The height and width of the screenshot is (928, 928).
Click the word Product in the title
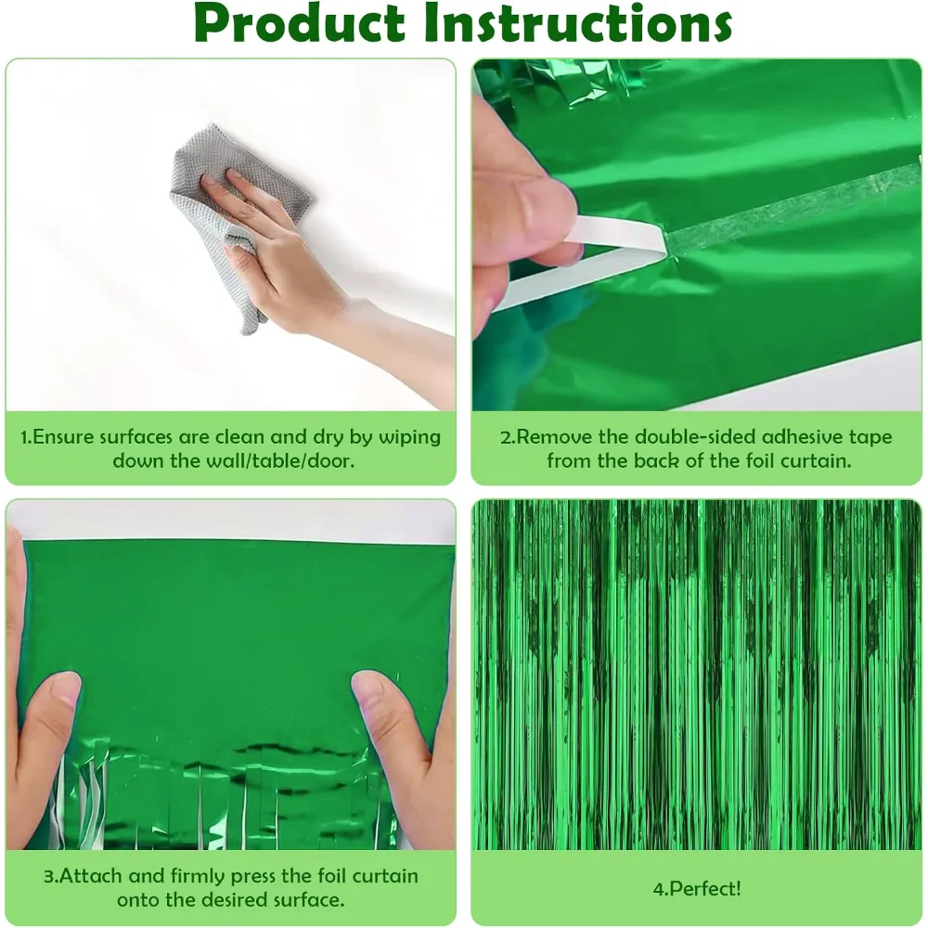(x=299, y=24)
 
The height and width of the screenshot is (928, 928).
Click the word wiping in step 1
(x=409, y=437)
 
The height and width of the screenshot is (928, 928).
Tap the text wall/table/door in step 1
(x=280, y=460)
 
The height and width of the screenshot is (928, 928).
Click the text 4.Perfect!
(x=697, y=888)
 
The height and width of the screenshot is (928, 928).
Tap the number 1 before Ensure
(x=24, y=437)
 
